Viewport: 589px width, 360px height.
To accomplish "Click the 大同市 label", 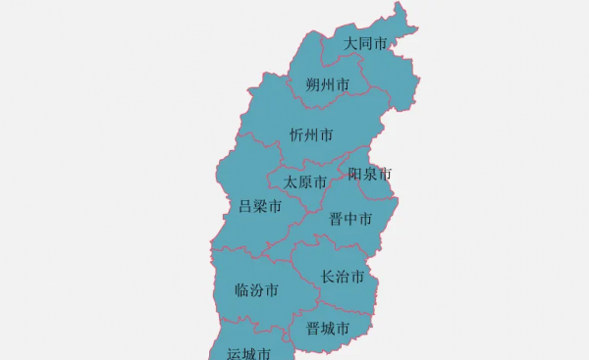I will [365, 44].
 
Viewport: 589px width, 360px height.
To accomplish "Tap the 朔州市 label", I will [327, 85].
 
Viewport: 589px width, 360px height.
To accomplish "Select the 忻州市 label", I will [311, 134].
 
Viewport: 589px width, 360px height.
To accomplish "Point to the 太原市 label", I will [305, 182].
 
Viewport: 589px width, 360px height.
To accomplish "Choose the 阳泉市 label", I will [370, 174].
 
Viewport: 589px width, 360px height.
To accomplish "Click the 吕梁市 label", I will [260, 206].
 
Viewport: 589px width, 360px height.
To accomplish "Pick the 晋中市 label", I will [350, 218].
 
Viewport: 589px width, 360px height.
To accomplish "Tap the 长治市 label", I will [344, 277].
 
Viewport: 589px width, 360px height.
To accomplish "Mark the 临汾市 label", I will [256, 290].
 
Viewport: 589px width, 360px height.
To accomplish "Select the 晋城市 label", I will [327, 329].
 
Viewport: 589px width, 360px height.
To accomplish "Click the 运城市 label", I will [248, 353].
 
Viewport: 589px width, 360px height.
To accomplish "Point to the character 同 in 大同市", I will [365, 44].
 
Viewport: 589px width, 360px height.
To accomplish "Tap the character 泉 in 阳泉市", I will [370, 174].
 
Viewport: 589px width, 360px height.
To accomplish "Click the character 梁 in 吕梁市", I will [260, 206].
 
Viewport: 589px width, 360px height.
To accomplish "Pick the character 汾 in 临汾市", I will [256, 290].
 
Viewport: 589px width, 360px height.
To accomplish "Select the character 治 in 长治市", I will [344, 277].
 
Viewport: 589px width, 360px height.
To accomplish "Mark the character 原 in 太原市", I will [305, 182].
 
